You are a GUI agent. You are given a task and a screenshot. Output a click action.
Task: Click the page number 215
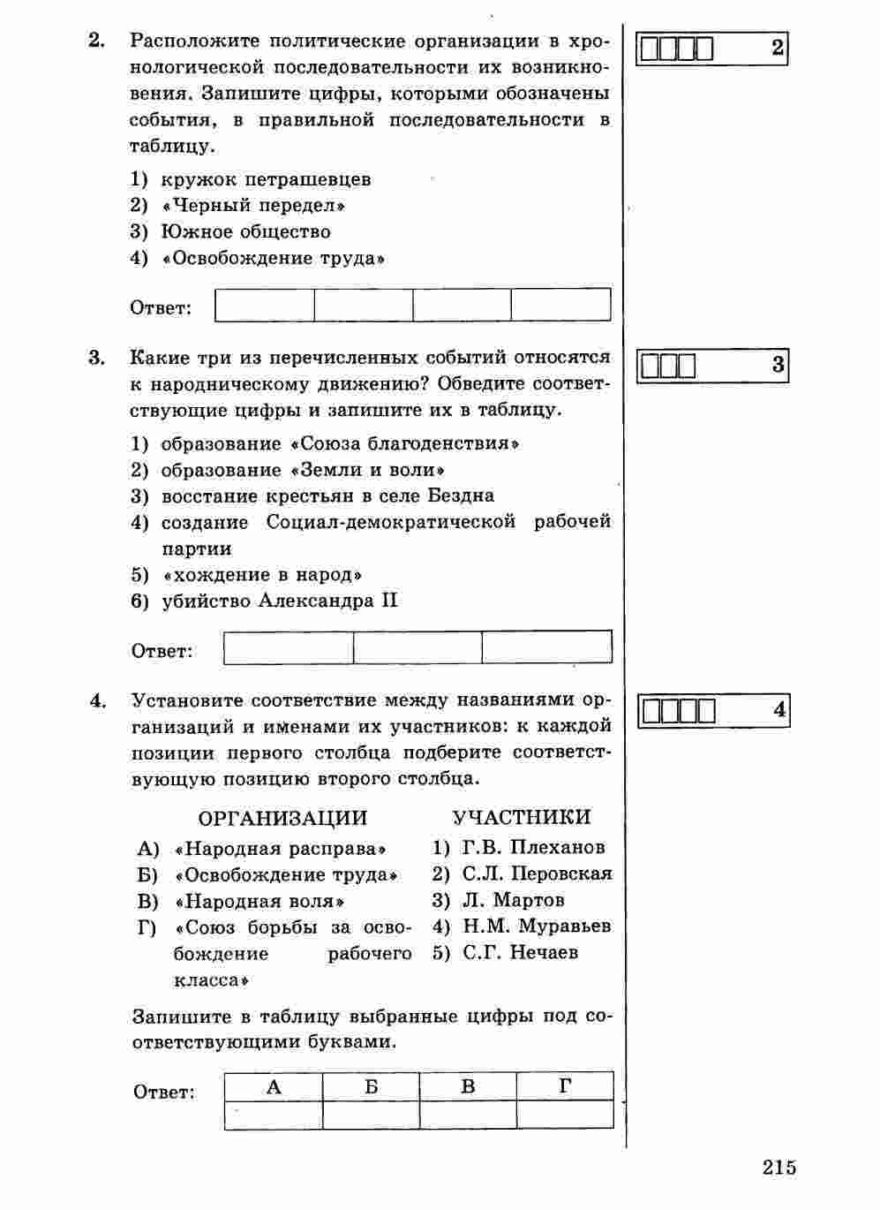[x=779, y=1167]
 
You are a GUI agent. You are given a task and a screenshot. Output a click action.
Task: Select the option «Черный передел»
[x=254, y=206]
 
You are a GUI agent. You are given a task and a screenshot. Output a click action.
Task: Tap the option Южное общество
[x=245, y=232]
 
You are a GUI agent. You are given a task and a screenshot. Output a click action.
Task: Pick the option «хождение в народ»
[x=263, y=575]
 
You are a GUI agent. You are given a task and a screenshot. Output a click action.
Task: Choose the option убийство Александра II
[x=280, y=601]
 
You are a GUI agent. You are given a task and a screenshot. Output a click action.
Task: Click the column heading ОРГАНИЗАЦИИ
[x=282, y=818]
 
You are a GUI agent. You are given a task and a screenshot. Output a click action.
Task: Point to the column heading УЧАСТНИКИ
[x=522, y=818]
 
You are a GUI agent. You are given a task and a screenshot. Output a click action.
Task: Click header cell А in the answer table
[x=274, y=1087]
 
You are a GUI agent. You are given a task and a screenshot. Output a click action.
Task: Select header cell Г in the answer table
[x=565, y=1087]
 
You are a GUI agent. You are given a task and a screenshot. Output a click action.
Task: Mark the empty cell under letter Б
[x=371, y=1115]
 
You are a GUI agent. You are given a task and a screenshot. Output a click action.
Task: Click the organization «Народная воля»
[x=259, y=902]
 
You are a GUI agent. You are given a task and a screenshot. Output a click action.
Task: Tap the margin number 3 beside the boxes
[x=778, y=365]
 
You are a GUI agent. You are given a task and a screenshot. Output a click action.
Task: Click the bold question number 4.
[x=97, y=702]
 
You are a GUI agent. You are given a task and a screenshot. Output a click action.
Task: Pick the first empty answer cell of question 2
[x=265, y=305]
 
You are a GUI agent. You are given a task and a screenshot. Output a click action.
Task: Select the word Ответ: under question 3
[x=162, y=652]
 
